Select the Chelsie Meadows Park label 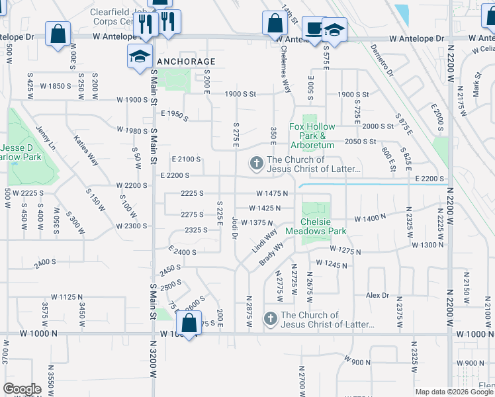point(316,227)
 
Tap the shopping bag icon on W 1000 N point(189,324)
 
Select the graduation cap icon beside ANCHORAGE point(140,56)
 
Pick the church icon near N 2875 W point(270,319)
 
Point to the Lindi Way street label point(264,242)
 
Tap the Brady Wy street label point(271,254)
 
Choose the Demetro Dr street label point(382,60)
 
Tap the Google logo point(22,389)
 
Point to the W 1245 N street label point(332,263)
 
